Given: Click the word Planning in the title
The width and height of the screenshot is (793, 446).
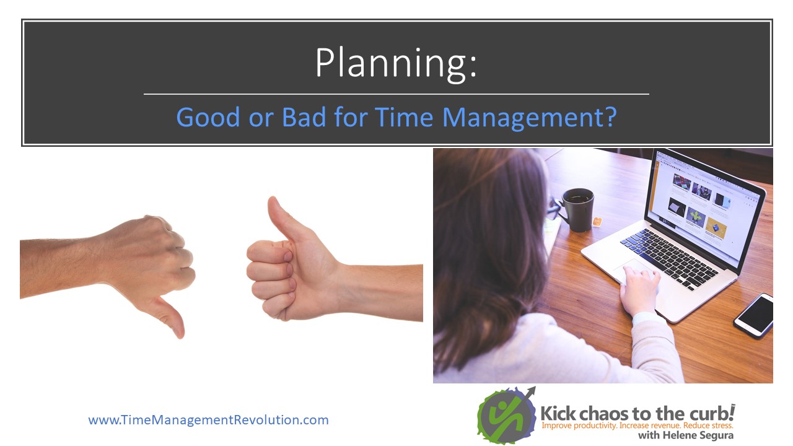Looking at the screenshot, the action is [391, 64].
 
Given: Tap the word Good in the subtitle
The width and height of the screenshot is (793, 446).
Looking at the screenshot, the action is [208, 117].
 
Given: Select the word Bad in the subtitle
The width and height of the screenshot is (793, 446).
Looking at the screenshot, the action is [304, 117].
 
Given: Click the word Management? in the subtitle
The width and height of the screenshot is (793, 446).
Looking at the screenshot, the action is [530, 118].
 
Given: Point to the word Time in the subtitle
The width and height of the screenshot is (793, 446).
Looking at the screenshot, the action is [403, 117].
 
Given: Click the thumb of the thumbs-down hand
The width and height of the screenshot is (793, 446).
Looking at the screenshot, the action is [169, 316].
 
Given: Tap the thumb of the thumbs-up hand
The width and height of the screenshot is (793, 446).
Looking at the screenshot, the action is [283, 217].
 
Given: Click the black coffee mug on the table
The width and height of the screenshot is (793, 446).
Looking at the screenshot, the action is [577, 209].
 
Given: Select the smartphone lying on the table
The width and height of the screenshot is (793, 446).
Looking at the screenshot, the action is [754, 316].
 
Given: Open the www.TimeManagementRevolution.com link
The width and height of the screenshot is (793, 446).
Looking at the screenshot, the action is [209, 420].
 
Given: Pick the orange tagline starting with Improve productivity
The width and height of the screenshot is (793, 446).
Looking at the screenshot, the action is [637, 425].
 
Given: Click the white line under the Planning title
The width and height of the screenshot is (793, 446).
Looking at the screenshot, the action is [396, 94].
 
